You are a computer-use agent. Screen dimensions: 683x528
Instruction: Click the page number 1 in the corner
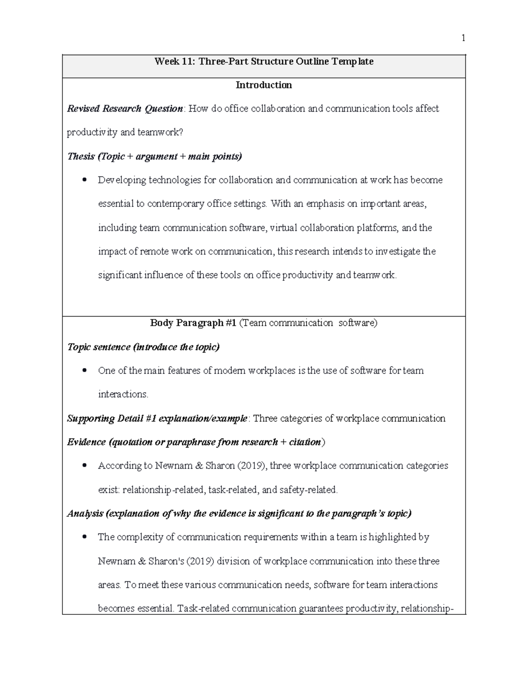coord(463,38)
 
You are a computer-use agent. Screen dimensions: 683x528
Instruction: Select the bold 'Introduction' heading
coord(264,85)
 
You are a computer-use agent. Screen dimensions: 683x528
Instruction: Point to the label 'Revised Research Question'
coord(125,109)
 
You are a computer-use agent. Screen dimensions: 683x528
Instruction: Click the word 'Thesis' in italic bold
coord(81,156)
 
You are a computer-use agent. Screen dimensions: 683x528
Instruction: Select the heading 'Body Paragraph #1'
coord(193,323)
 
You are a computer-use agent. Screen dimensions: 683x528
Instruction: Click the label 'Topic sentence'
coord(99,347)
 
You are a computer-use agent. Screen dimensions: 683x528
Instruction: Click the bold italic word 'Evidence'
coord(86,442)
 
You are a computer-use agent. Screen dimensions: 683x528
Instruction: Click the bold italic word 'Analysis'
coord(85,513)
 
